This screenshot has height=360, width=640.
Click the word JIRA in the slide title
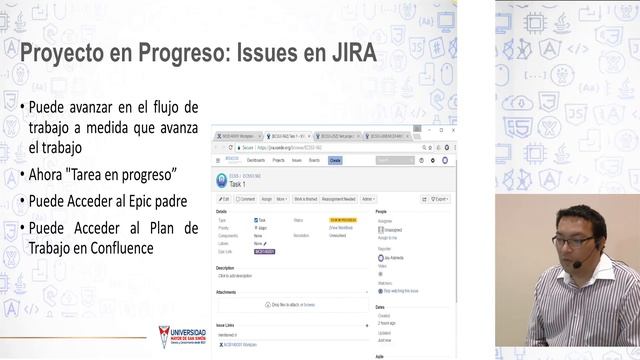tap(342, 52)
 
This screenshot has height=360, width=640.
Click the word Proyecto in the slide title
tap(64, 52)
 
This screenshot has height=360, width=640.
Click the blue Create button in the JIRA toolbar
tap(335, 160)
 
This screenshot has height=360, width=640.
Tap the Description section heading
tap(225, 268)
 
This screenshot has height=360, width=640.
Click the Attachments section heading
tap(227, 291)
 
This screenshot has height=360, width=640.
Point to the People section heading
tap(381, 212)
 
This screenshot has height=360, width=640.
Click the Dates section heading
tap(380, 307)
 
